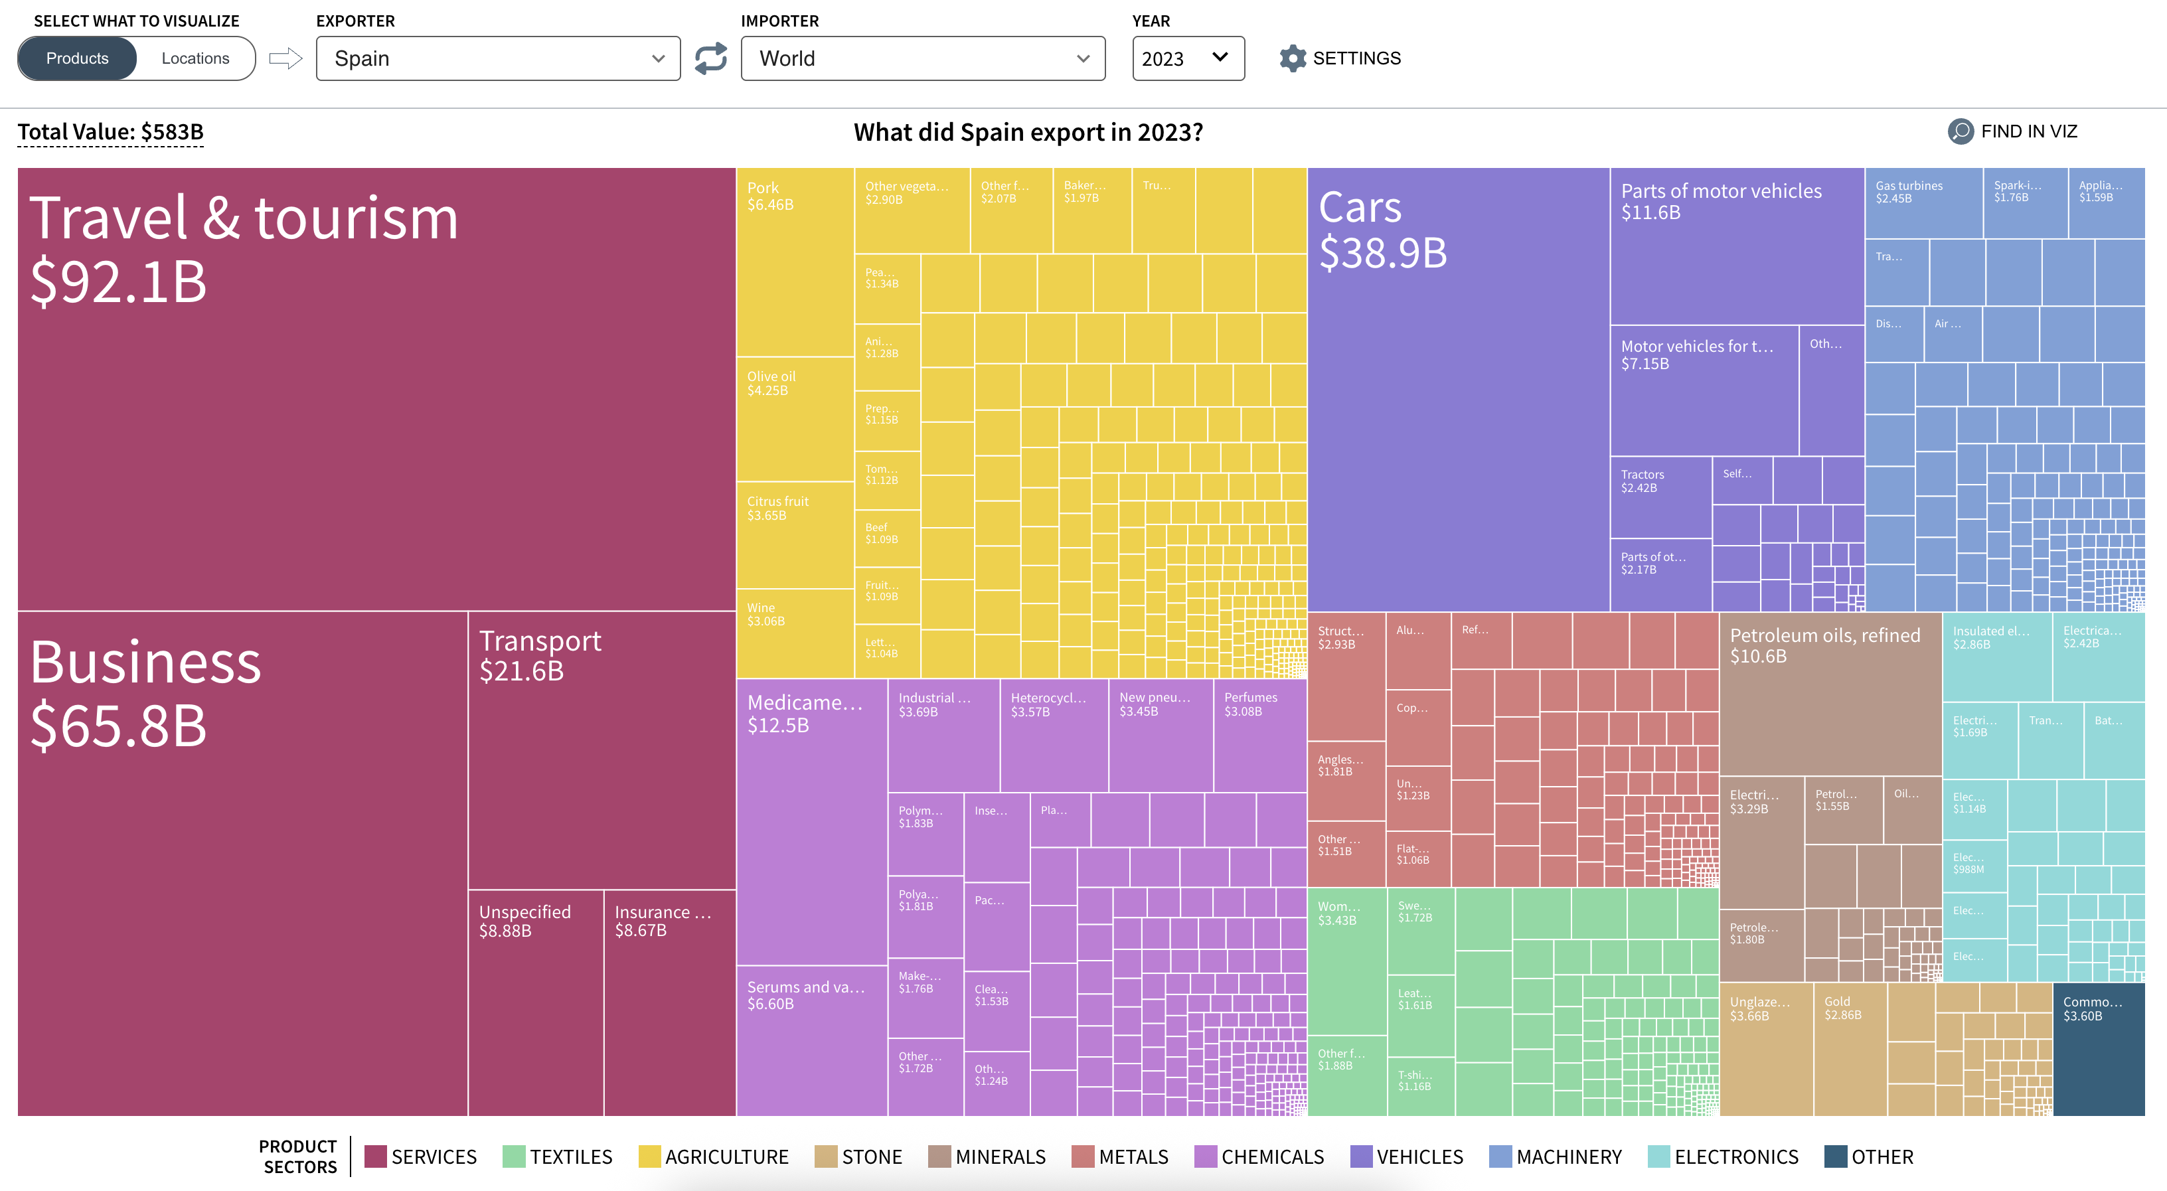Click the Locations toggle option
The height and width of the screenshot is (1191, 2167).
[x=195, y=58]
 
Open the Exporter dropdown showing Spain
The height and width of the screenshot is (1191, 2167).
[x=498, y=58]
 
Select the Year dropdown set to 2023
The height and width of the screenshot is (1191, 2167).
[x=1187, y=58]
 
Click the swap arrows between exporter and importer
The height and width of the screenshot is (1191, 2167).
[x=711, y=58]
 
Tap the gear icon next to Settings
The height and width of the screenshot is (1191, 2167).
[x=1292, y=58]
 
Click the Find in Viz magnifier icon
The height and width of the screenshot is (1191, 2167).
[x=1960, y=131]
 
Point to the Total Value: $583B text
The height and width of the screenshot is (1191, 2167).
[x=110, y=132]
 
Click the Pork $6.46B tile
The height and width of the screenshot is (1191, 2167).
[x=795, y=261]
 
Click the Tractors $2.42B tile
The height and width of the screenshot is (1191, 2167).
[x=1660, y=497]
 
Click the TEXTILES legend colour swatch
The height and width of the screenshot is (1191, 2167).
[x=514, y=1156]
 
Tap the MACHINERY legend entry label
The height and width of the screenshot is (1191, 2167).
[x=1568, y=1156]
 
